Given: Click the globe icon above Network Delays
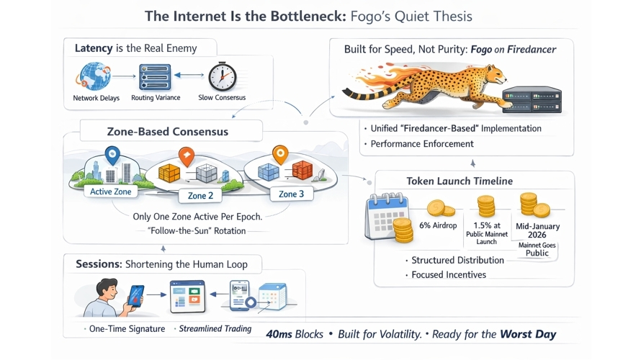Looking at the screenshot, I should tap(96, 76).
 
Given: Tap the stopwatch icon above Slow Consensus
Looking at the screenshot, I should tap(222, 76).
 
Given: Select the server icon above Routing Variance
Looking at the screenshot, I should tap(155, 76).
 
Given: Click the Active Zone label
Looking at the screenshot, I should tap(111, 192).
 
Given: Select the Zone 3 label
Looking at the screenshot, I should tap(292, 194).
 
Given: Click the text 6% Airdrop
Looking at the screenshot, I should tap(438, 225).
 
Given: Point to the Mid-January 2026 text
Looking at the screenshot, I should tap(537, 230).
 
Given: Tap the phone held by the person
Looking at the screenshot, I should tap(135, 296).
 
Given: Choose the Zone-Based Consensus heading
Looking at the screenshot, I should tap(168, 132).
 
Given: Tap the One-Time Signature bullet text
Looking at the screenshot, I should tap(124, 329).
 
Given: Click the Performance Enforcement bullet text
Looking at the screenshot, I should tap(422, 144).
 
